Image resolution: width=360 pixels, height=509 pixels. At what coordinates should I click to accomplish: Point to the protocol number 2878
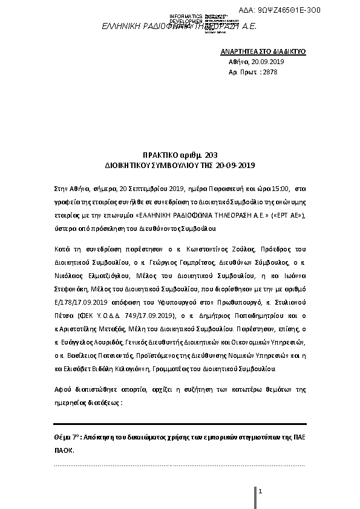(270, 72)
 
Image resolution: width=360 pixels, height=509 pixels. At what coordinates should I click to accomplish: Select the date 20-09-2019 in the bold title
(234, 165)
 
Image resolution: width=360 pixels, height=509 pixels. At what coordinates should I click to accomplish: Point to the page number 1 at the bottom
(260, 493)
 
